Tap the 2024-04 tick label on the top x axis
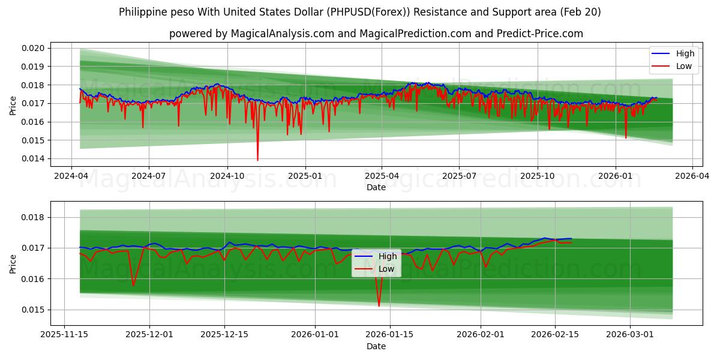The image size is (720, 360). click(71, 176)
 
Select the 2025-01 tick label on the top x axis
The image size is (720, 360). click(305, 176)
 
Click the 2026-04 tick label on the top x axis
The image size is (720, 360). click(692, 176)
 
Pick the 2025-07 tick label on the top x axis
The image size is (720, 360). click(459, 176)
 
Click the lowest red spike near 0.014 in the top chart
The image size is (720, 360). click(258, 160)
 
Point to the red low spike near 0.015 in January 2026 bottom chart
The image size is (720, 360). click(379, 305)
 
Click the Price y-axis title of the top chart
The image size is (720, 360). click(13, 105)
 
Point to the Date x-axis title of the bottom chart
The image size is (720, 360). click(376, 347)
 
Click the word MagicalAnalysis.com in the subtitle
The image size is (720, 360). click(282, 34)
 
